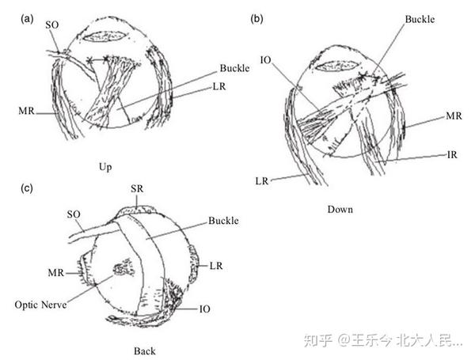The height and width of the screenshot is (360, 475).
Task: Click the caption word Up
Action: [x=104, y=167]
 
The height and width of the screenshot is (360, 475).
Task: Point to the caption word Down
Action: [x=339, y=210]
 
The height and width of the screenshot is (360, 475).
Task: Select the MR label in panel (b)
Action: [x=454, y=116]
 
